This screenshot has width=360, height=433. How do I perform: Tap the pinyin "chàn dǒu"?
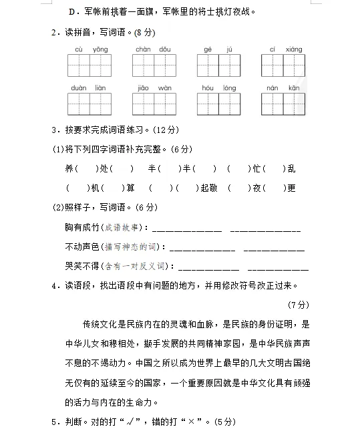(x=153, y=49)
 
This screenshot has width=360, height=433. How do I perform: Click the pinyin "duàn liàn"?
(x=89, y=88)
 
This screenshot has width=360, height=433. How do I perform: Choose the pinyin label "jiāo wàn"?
(x=154, y=88)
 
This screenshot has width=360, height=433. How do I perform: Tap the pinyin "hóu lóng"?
(x=218, y=88)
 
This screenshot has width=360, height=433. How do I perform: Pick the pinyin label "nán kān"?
(x=283, y=88)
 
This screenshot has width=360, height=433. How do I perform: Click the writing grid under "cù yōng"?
(x=89, y=65)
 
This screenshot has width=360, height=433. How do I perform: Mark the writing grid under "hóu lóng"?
(x=218, y=104)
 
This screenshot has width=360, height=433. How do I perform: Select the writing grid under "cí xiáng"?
(x=283, y=65)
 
